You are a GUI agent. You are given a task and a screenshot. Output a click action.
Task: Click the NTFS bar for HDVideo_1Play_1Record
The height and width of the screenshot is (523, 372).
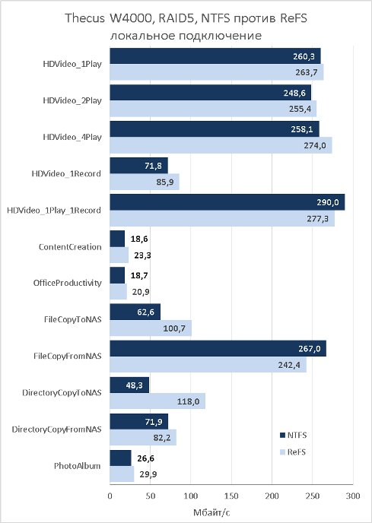(227, 202)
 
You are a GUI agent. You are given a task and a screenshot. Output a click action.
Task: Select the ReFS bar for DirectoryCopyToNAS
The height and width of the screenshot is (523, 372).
(157, 401)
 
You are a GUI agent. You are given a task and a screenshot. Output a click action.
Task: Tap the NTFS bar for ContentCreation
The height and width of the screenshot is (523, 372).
(117, 239)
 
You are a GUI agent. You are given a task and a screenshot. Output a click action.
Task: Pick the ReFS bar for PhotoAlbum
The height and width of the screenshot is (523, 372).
(122, 474)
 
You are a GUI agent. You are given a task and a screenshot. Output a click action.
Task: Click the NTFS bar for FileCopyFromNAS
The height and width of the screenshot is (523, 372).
(218, 349)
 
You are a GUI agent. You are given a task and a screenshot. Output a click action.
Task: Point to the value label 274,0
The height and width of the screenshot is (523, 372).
(315, 145)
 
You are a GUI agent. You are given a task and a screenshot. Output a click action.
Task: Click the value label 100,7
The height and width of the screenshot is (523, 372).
(174, 328)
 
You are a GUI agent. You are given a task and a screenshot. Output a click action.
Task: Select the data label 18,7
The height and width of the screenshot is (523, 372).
(139, 275)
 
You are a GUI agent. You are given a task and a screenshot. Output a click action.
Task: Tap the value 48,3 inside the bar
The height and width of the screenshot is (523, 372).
(135, 385)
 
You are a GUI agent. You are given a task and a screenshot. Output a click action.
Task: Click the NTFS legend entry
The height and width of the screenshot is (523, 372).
(293, 435)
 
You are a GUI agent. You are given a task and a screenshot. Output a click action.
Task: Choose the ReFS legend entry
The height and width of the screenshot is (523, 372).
(293, 452)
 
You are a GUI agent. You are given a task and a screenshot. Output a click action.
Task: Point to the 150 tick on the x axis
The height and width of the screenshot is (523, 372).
(231, 496)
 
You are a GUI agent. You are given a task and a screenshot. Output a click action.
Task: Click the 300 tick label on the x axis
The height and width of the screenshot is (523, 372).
(353, 496)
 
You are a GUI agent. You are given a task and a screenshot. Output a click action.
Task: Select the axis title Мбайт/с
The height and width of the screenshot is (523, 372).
(211, 512)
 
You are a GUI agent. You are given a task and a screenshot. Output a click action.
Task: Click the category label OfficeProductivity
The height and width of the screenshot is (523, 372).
(67, 283)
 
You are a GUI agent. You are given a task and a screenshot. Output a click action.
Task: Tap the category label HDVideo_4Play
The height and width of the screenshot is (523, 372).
(72, 137)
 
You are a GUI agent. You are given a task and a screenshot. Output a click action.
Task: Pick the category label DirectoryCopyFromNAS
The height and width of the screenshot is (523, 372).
(56, 429)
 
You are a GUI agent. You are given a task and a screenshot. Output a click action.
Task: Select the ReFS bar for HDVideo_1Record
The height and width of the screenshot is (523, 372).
(145, 182)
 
